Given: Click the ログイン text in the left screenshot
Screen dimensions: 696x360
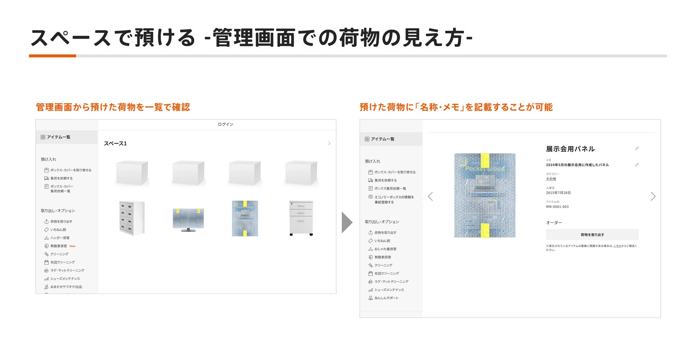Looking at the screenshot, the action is click(x=225, y=124).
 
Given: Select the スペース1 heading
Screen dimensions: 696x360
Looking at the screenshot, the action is click(x=115, y=144).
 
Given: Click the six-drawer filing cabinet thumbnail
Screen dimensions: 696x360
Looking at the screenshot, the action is click(x=132, y=218).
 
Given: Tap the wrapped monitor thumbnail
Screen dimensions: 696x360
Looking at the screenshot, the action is click(x=188, y=219).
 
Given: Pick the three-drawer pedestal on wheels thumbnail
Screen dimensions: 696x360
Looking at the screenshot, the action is click(x=301, y=218).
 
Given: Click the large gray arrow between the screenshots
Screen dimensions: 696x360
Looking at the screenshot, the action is click(x=347, y=222).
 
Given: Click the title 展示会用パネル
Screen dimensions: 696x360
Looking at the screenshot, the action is click(x=570, y=149).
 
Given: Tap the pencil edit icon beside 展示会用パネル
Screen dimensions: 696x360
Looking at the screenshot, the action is click(x=637, y=149).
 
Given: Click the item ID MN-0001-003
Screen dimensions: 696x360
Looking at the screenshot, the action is click(x=557, y=207).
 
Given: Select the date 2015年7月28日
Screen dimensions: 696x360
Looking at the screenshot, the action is click(x=558, y=193).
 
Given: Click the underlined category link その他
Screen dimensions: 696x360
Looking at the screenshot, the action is click(x=551, y=179).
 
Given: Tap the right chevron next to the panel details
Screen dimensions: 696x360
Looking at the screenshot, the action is click(x=653, y=196).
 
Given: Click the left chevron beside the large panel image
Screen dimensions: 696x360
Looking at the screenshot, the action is click(x=430, y=196).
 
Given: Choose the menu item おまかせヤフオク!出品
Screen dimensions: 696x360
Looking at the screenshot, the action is click(x=66, y=287).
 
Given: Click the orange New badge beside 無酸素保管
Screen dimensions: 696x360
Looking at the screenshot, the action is click(x=72, y=246).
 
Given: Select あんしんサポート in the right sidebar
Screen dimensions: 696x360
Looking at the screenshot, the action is click(x=386, y=298).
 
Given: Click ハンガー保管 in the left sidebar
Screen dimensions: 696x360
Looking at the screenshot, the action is click(x=60, y=238).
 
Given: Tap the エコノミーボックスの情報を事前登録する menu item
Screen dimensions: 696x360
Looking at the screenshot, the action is click(x=394, y=199).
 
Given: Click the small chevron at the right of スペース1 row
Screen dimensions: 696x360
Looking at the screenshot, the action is click(x=329, y=143).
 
